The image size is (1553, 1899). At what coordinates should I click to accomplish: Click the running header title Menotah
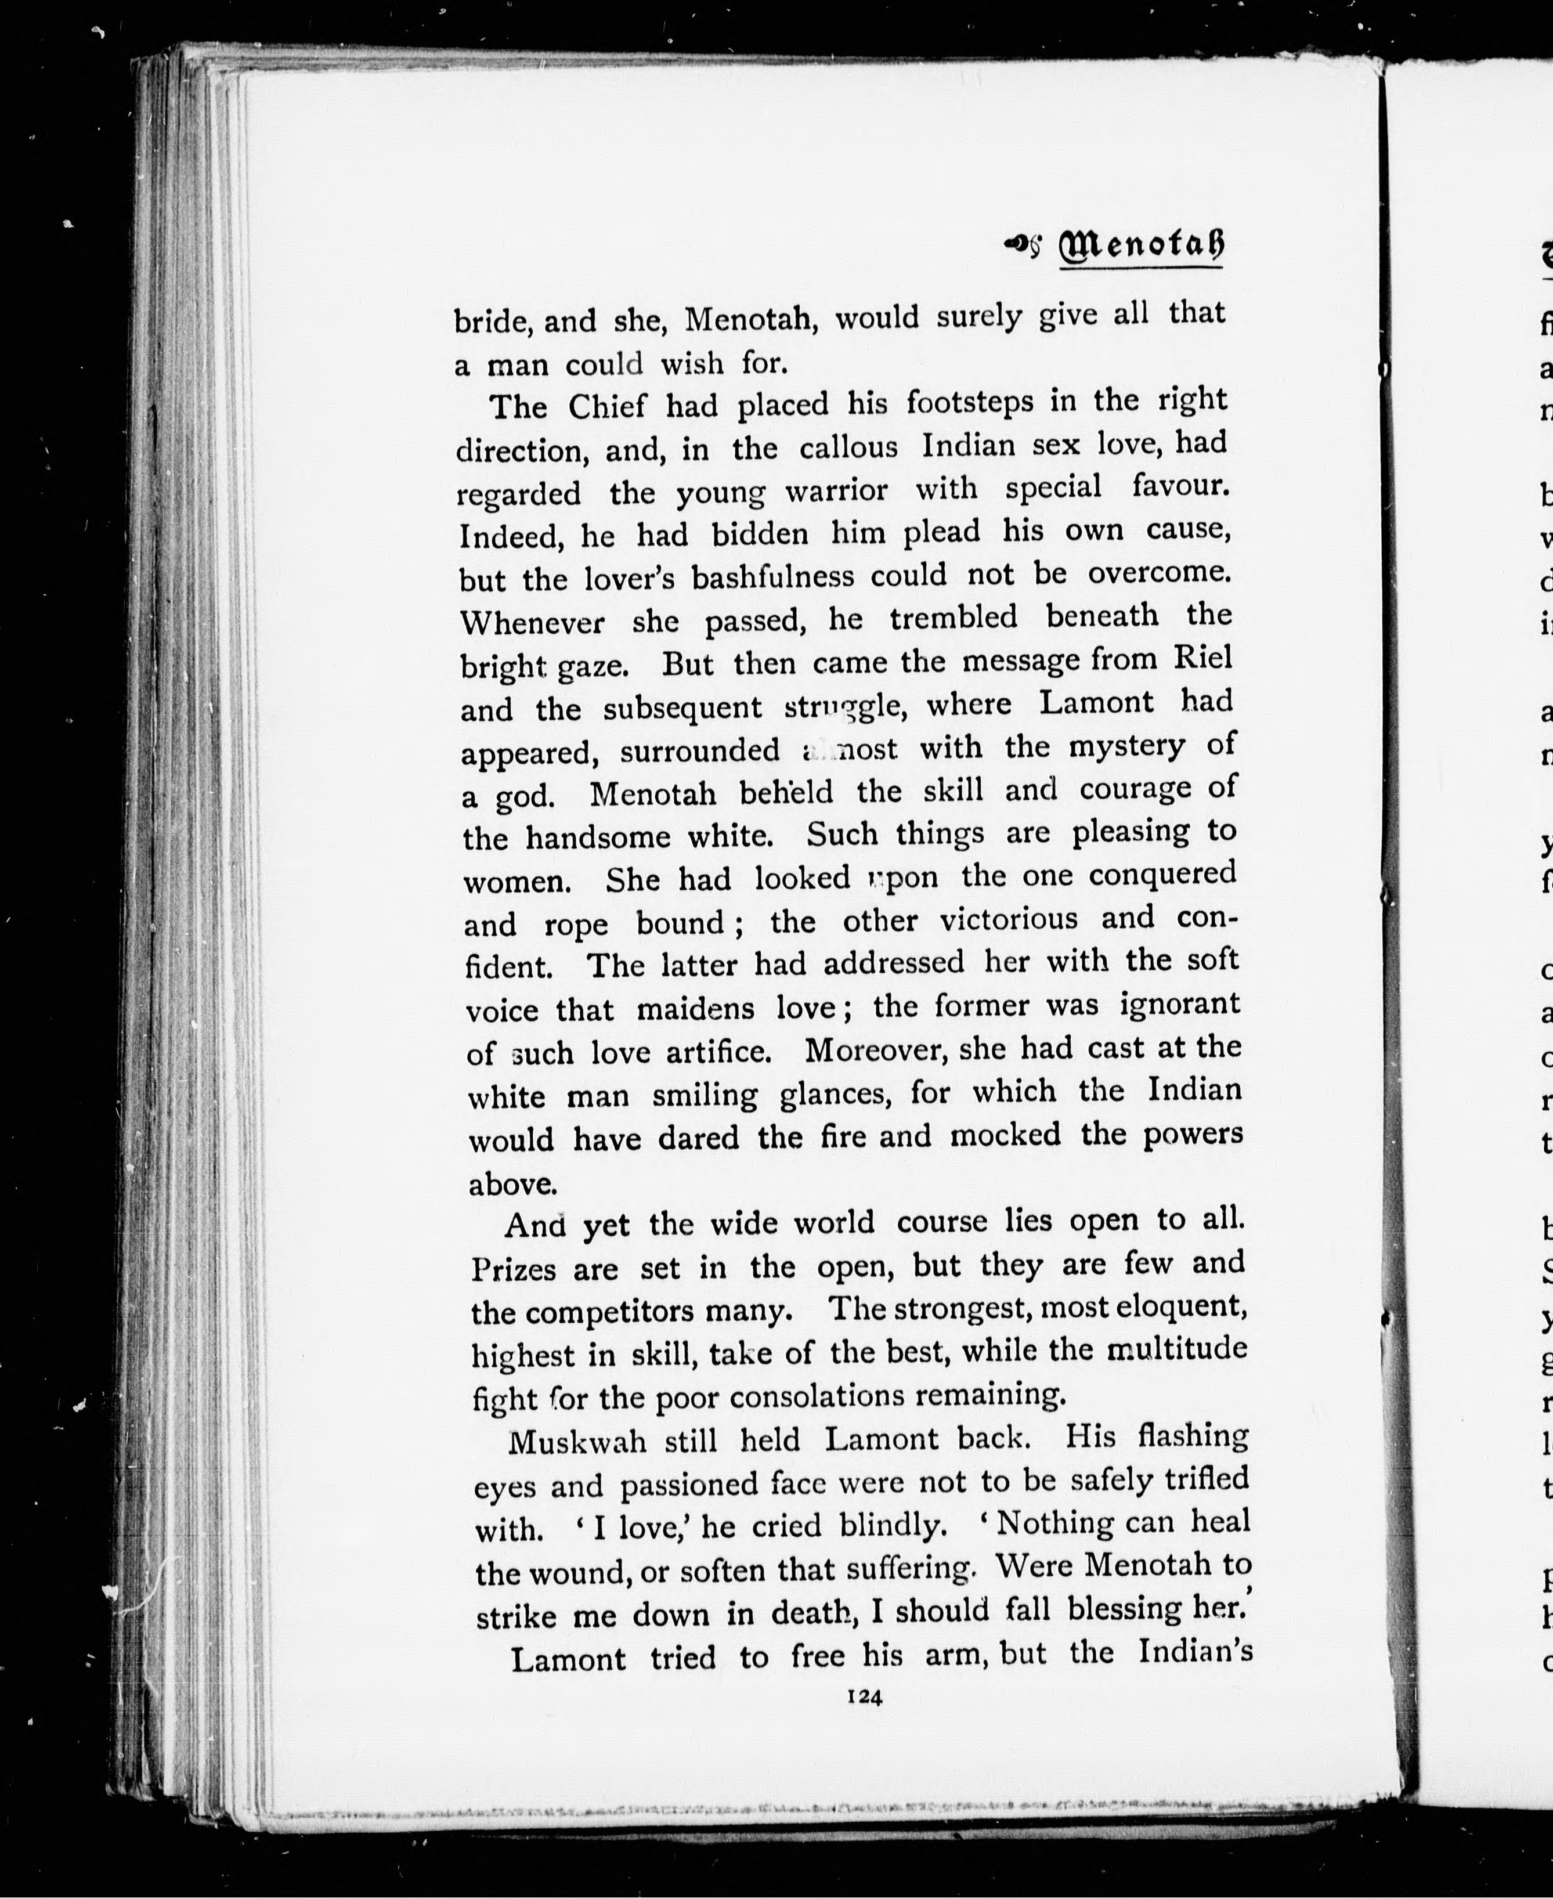[1140, 246]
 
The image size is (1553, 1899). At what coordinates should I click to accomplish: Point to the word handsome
[598, 836]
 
